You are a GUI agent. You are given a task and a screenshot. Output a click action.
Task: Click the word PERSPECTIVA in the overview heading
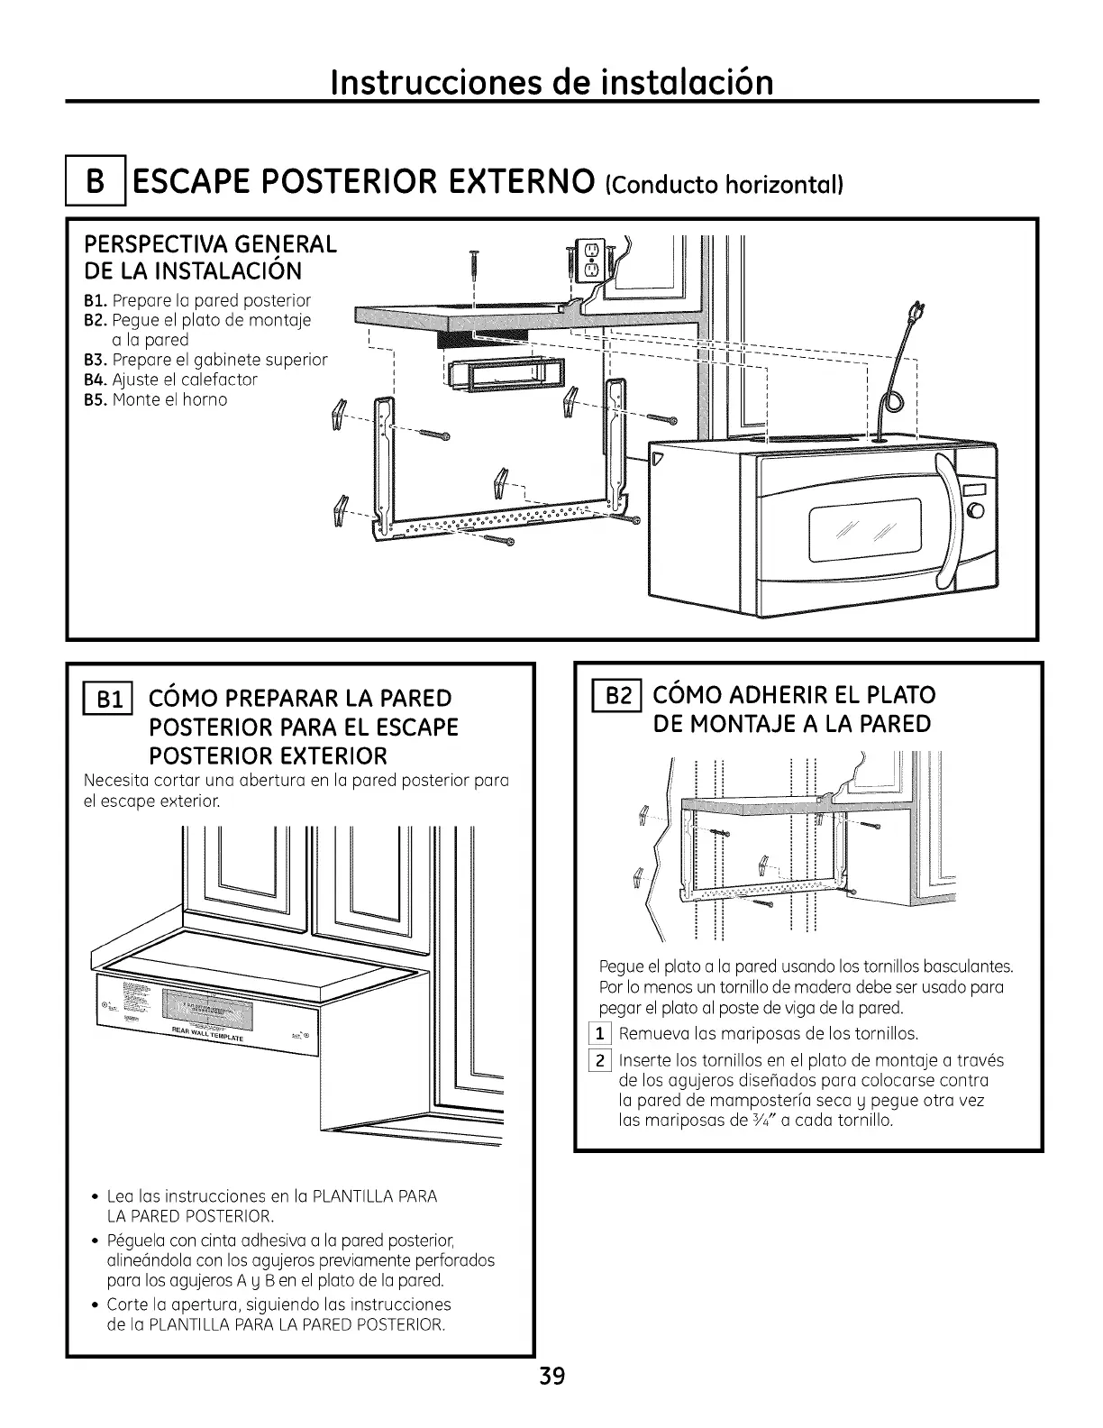pos(144,244)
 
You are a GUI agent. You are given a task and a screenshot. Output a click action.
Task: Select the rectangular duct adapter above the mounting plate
pos(503,376)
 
